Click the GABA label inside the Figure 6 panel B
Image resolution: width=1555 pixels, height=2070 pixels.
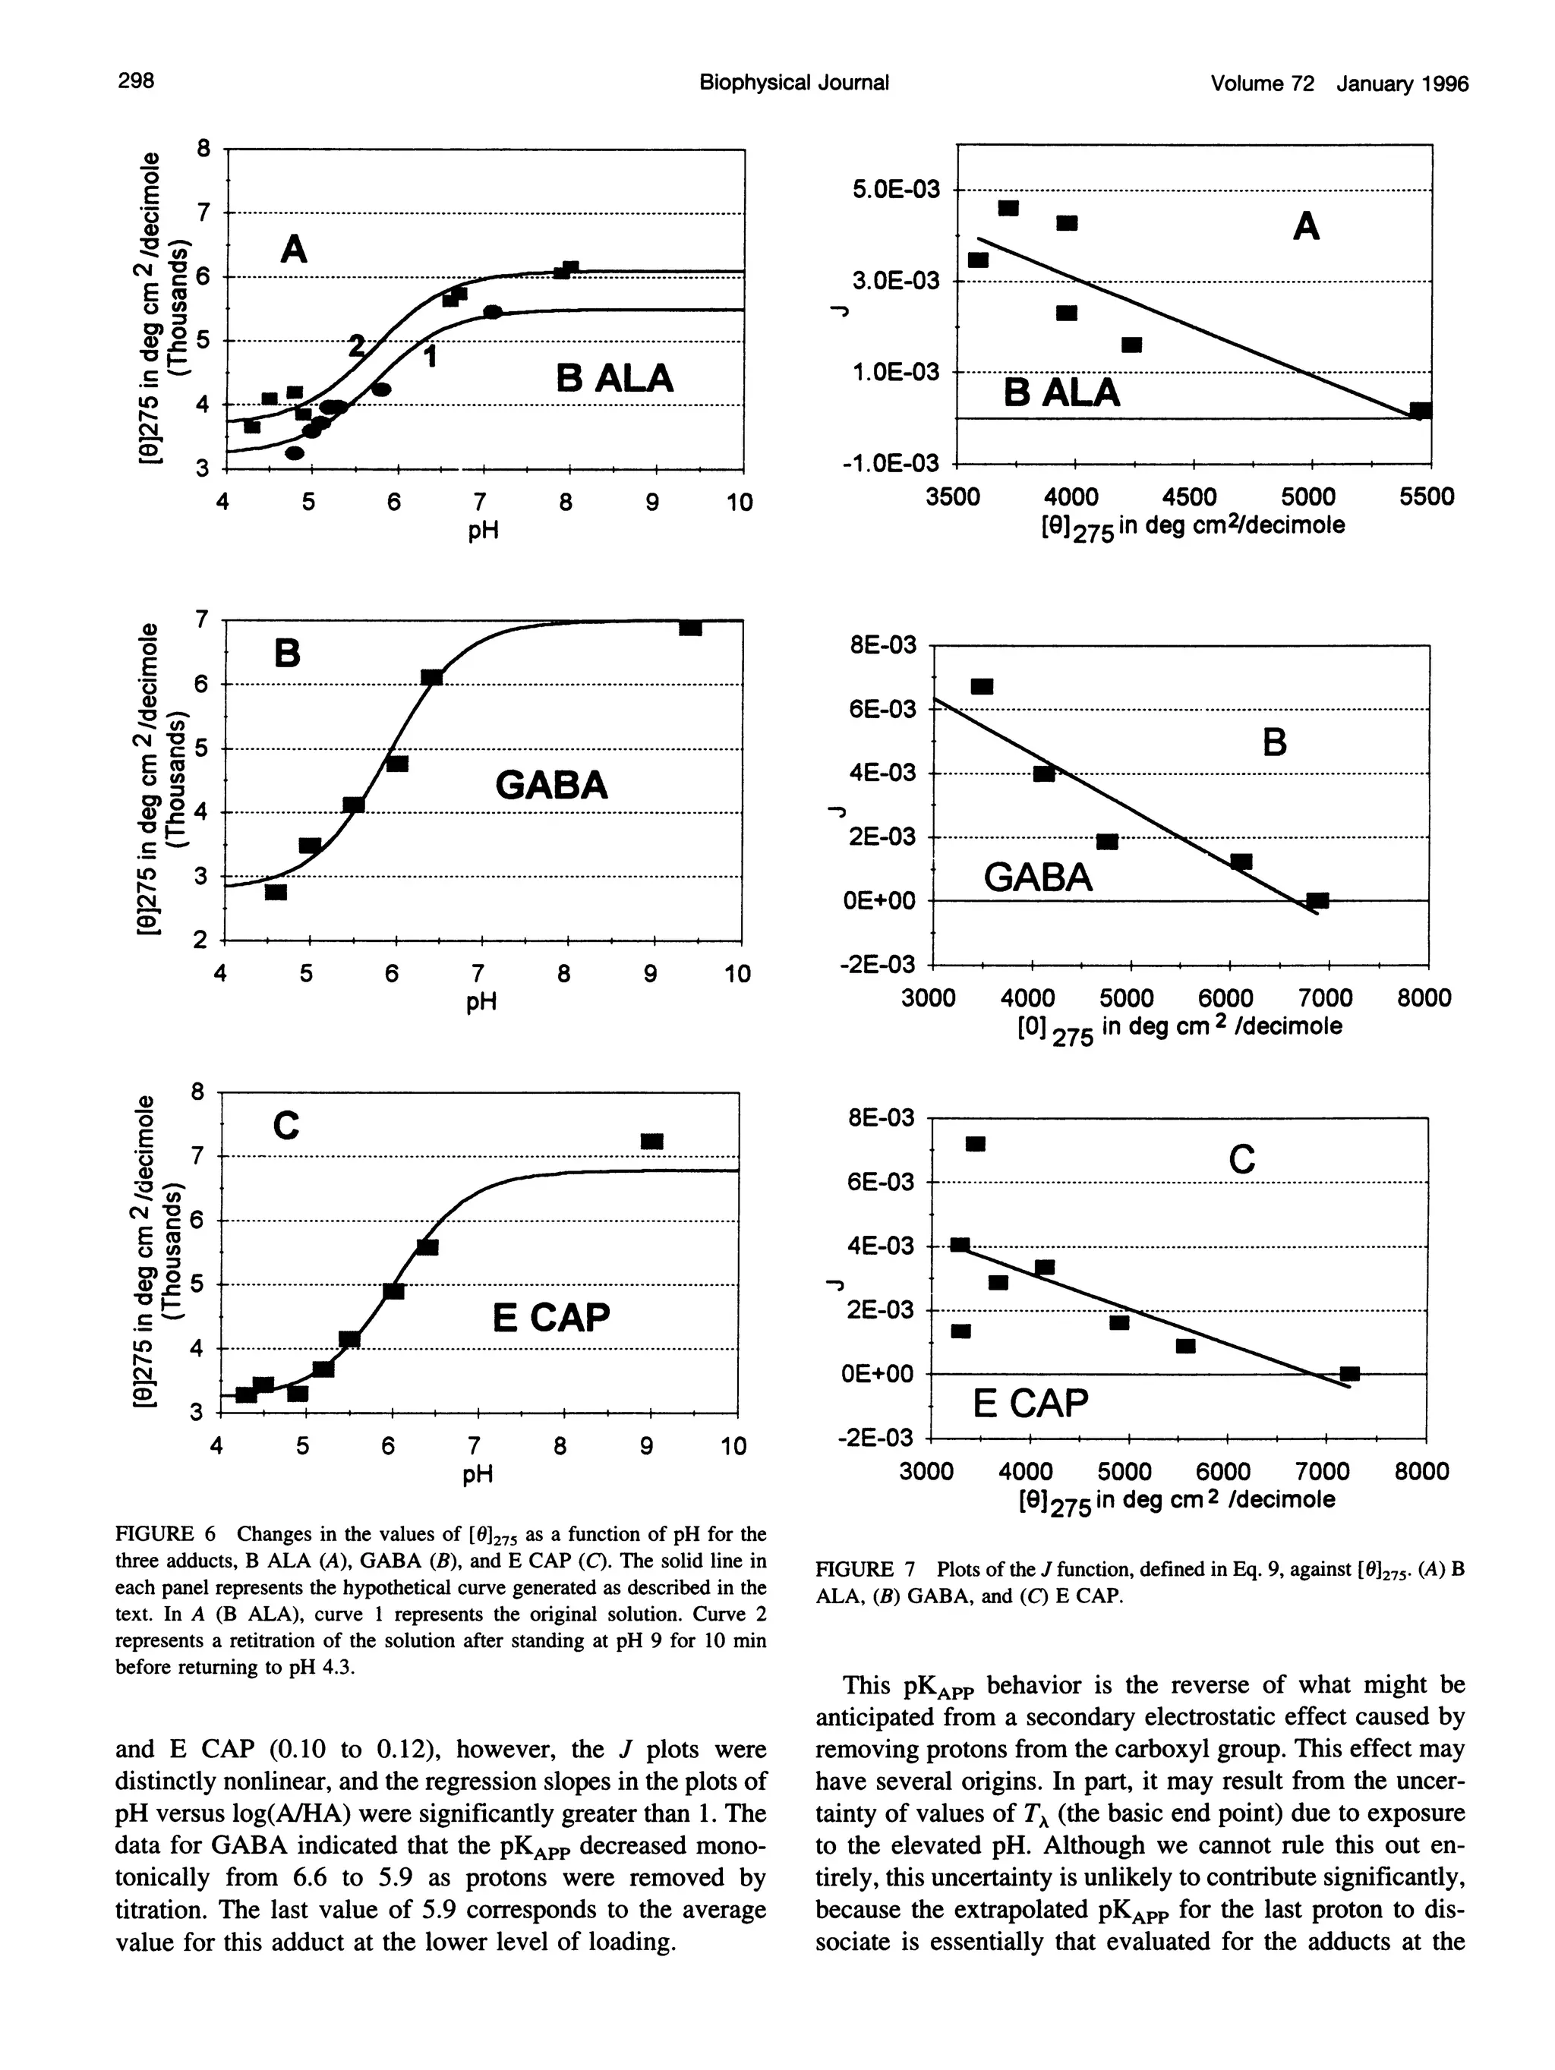(551, 784)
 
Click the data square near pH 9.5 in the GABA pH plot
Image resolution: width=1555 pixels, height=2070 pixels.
(691, 628)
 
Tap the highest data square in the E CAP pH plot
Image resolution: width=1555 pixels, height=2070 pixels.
(651, 1141)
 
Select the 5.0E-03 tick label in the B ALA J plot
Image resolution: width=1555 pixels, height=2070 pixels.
(894, 191)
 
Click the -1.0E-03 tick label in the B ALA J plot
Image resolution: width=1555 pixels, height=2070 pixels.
(894, 465)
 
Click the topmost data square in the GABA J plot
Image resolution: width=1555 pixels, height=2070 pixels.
(982, 686)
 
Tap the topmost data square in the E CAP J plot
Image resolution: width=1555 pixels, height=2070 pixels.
(976, 1144)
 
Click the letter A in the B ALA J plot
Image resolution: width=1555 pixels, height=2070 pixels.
(1306, 225)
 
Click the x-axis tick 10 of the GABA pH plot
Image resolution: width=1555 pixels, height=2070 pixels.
(738, 974)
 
